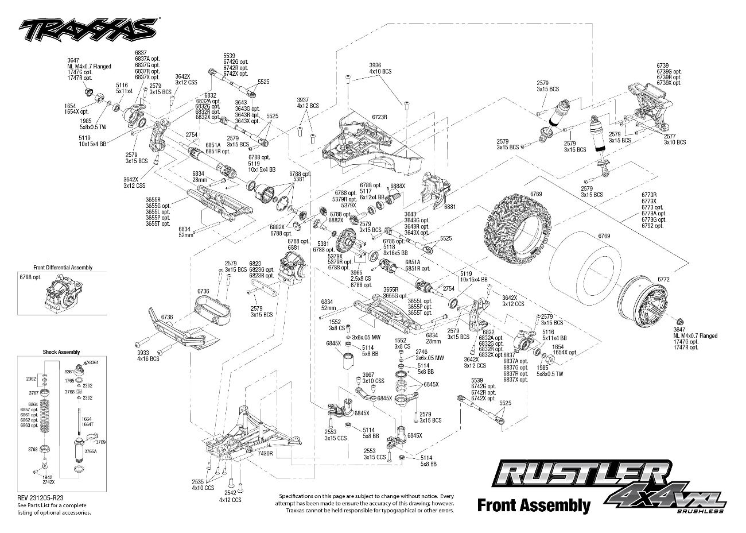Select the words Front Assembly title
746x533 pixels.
[533, 505]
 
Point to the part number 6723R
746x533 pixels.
[380, 117]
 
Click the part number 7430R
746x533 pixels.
[265, 454]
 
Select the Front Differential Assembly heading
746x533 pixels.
[63, 268]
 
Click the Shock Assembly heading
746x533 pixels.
[61, 352]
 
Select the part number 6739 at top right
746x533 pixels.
[663, 65]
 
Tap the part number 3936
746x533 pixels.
[375, 65]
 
